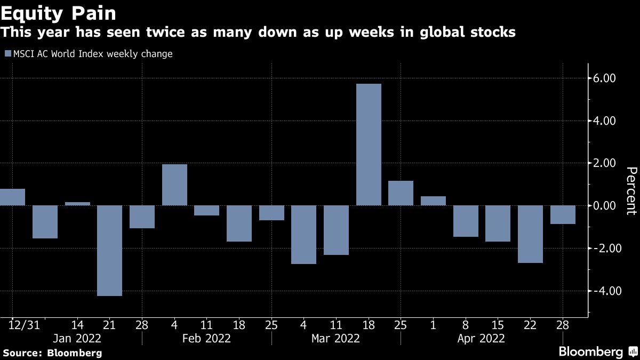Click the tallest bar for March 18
369,145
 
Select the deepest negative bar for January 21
109,250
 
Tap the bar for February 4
174,185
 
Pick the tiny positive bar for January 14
77,203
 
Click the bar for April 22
530,234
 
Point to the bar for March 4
303,235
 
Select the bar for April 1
433,201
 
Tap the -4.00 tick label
604,291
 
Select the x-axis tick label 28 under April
563,325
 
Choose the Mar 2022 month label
336,338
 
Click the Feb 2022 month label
207,338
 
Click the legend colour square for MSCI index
7,54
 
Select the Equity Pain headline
58,12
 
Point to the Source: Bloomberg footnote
52,353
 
